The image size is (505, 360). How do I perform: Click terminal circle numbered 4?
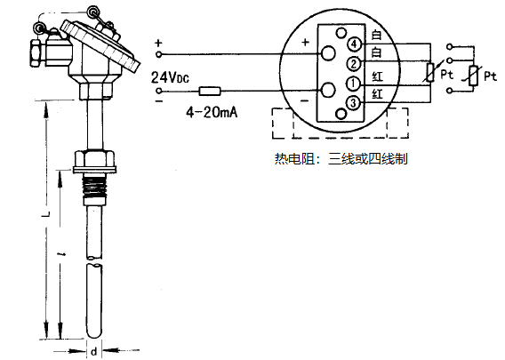point(354,43)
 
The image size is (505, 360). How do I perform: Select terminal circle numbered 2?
point(354,63)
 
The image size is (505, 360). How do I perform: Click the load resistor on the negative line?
point(211,91)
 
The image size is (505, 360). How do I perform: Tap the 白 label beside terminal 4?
point(377,36)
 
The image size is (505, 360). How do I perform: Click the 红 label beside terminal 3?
point(377,94)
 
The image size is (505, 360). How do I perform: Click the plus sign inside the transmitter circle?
point(304,42)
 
